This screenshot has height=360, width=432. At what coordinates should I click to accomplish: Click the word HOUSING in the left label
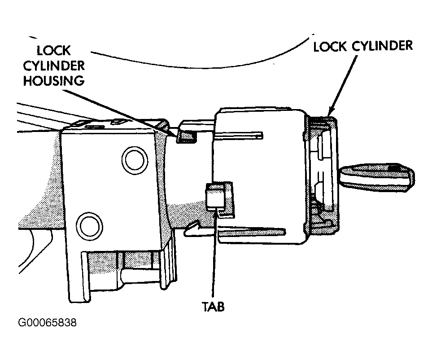point(54,81)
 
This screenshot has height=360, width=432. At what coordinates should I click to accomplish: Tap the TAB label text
point(213,307)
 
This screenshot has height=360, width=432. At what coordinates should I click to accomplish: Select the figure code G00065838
point(47,322)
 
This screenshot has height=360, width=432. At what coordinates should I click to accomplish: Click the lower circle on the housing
point(90,226)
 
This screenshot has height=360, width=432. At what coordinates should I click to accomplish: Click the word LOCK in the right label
point(330,47)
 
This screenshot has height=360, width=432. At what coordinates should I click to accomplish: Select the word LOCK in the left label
point(53,51)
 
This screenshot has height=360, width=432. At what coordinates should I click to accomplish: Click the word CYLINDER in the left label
point(54,66)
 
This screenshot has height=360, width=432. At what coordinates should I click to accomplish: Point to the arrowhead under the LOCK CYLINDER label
point(332,111)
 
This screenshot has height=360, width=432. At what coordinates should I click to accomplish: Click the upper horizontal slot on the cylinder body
point(239,135)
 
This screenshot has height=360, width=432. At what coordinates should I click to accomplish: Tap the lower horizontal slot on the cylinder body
point(252,231)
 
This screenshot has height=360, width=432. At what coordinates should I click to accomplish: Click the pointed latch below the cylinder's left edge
point(194,229)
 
